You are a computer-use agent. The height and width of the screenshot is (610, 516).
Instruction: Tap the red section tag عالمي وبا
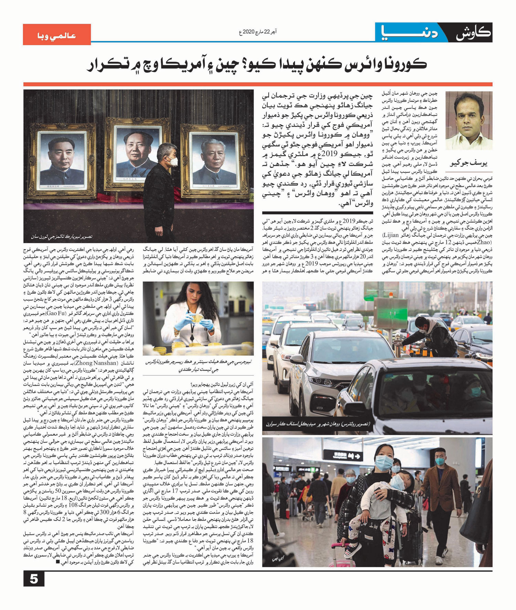(x=57, y=35)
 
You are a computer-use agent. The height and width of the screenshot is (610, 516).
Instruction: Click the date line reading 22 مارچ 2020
(x=258, y=32)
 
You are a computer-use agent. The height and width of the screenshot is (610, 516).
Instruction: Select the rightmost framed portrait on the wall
(x=211, y=159)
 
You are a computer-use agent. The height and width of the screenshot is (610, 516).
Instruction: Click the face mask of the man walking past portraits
(x=172, y=161)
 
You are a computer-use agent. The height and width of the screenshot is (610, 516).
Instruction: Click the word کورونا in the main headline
(x=401, y=64)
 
